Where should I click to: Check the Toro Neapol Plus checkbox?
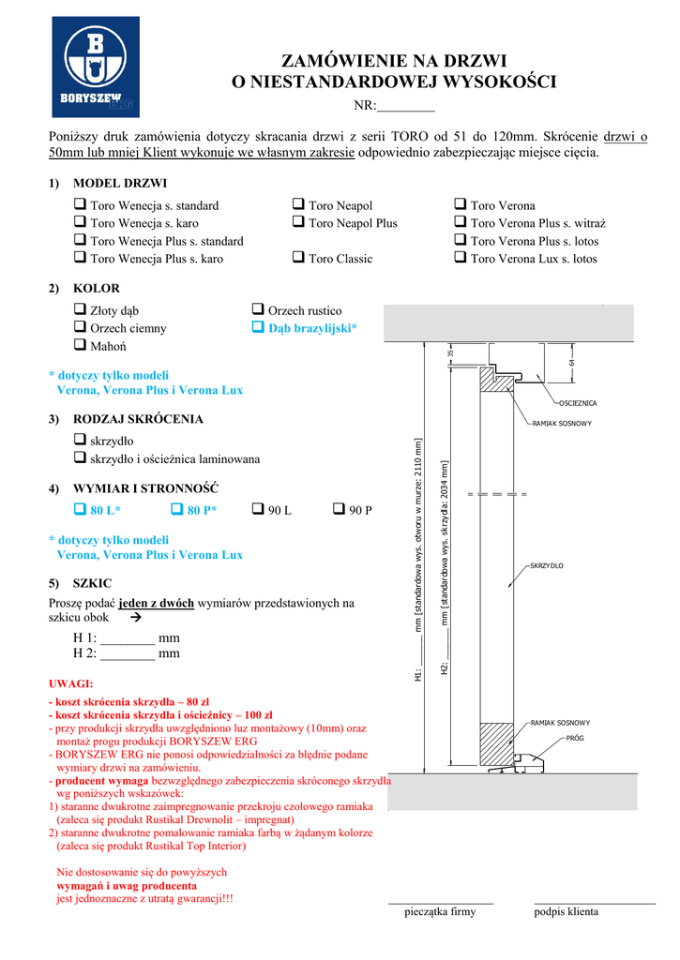pos(297,223)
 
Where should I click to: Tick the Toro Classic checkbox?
pos(297,258)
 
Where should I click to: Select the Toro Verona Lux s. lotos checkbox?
pos(460,258)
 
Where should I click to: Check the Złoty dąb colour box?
pos(80,309)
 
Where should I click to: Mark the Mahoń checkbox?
pos(80,345)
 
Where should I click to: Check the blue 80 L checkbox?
pos(80,509)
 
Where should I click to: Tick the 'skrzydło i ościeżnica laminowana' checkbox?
pos(80,457)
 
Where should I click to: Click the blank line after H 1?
pos(128,639)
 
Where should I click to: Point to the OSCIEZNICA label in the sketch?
pos(578,403)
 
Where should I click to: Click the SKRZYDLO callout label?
pos(546,566)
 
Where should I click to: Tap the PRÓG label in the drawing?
pos(575,739)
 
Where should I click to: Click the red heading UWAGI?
pos(70,683)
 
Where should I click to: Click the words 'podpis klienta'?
pos(566,911)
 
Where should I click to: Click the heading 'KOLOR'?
pos(97,288)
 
